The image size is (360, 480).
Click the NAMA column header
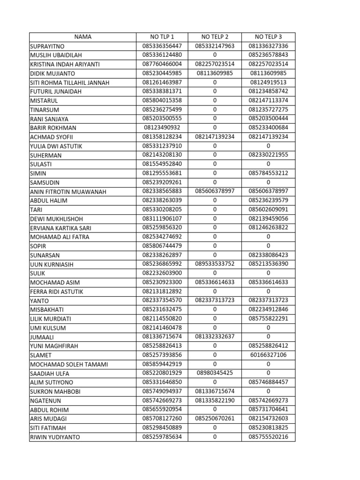click(82, 37)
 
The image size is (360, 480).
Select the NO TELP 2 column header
click(215, 37)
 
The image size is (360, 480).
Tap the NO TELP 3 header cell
click(268, 37)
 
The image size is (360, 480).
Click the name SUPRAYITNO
click(47, 46)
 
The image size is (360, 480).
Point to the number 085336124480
click(162, 55)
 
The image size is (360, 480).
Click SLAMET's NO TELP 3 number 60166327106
click(268, 355)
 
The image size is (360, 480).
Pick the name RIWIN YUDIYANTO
click(55, 437)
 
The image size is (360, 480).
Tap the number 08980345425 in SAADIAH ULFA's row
click(215, 373)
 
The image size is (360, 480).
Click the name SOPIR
click(38, 246)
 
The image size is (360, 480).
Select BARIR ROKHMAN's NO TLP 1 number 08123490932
click(162, 127)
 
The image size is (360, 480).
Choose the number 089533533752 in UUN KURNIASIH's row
click(215, 264)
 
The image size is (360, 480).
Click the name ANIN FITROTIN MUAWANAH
click(68, 191)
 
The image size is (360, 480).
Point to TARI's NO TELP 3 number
click(268, 210)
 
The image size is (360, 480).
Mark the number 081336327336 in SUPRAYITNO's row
click(268, 46)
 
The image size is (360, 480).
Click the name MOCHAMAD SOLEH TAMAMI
click(68, 364)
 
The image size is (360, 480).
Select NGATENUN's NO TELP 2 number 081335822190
click(215, 400)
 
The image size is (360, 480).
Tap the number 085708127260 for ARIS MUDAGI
click(162, 419)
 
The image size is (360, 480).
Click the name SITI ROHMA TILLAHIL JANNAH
click(69, 82)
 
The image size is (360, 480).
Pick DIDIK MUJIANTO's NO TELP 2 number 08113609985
click(215, 73)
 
